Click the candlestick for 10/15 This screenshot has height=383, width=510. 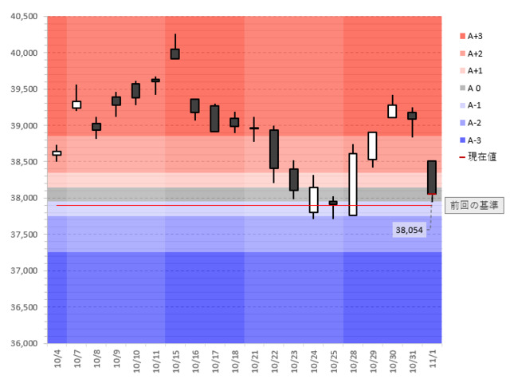(175, 53)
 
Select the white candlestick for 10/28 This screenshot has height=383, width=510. (353, 184)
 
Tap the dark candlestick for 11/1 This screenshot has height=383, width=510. (432, 177)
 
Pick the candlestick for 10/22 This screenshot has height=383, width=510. (274, 149)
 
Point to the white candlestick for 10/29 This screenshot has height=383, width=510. (373, 146)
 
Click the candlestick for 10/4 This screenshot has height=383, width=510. (57, 152)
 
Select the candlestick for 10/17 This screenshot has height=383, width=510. (214, 119)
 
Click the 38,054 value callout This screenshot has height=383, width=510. (410, 230)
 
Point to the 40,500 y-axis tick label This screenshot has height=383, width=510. (22, 17)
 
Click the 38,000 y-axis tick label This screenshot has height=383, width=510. (22, 198)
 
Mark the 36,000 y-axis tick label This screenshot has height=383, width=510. (22, 343)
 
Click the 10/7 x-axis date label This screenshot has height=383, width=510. (76, 360)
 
